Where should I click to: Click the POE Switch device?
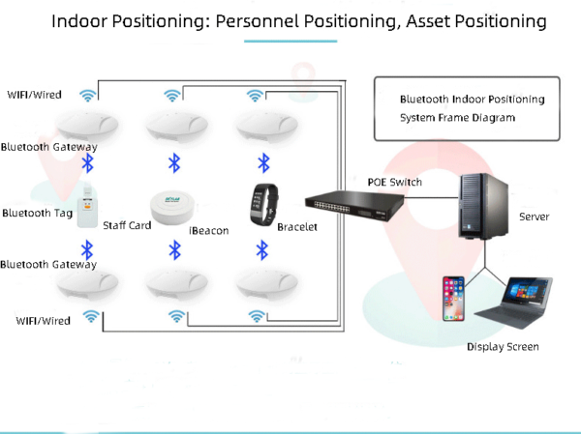(353, 202)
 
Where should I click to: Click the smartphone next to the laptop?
(453, 300)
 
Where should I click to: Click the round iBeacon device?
(172, 205)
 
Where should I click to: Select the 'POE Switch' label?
(394, 182)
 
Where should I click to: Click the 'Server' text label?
(534, 217)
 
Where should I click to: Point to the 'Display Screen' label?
(503, 346)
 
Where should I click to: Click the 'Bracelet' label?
(297, 226)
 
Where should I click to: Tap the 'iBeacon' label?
(208, 231)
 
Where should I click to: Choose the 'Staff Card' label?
(127, 225)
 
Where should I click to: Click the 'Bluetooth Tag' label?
(37, 213)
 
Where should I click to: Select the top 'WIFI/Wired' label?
(35, 95)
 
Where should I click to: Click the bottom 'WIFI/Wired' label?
(43, 320)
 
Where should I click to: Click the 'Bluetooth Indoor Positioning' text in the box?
(472, 100)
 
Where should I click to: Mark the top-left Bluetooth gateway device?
(86, 125)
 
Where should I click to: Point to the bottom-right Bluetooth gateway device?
(261, 283)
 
